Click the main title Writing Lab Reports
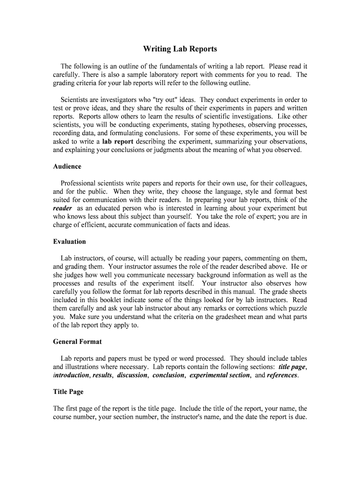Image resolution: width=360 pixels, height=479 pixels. [x=180, y=49]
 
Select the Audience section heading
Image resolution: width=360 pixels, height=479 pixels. [x=67, y=167]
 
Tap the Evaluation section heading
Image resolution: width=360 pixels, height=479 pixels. [x=70, y=242]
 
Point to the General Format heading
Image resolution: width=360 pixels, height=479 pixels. [x=78, y=342]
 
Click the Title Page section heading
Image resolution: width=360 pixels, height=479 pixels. [x=68, y=392]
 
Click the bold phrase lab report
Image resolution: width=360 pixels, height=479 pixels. [x=118, y=142]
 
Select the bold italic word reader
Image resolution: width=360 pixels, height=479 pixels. [x=63, y=208]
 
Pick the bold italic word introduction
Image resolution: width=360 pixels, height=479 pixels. [x=71, y=375]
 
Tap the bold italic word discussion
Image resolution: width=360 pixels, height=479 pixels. [x=132, y=375]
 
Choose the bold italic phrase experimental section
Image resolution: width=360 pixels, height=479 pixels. [x=220, y=375]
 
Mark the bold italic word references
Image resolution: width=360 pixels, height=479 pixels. [x=282, y=375]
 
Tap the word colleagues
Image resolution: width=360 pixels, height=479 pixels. [x=289, y=183]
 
